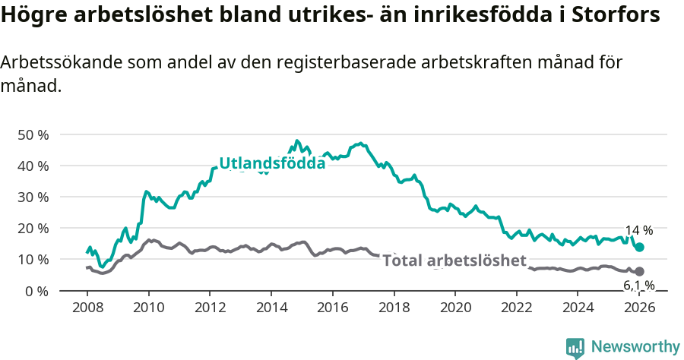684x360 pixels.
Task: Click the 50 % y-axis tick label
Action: click(33, 134)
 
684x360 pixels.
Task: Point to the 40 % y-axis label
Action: click(33, 166)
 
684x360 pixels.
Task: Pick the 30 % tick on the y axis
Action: click(33, 197)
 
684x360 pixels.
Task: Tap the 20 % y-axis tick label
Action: click(33, 228)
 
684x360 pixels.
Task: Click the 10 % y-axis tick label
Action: click(33, 259)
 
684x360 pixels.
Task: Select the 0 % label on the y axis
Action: click(36, 291)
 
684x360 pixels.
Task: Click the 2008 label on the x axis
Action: click(87, 308)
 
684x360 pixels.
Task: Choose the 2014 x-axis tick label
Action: click(271, 308)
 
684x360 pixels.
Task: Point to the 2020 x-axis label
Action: click(455, 308)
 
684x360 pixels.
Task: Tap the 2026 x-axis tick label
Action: click(639, 308)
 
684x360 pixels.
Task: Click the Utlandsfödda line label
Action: click(272, 163)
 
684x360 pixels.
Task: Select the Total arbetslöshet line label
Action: click(454, 261)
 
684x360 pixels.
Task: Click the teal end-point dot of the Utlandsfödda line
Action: click(640, 247)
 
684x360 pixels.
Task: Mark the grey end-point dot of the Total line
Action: click(640, 271)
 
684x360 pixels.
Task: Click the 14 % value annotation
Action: click(638, 230)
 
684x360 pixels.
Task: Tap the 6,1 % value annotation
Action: click(638, 286)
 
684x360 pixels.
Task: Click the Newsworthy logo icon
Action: click(575, 348)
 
